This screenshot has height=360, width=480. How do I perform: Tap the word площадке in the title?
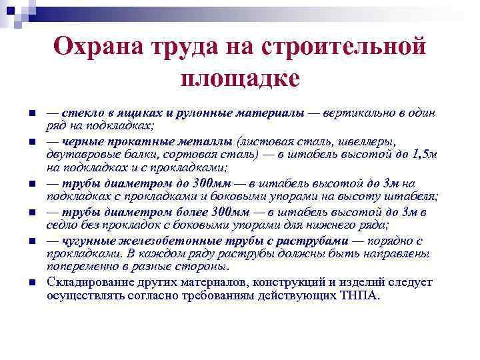tap(240, 79)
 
